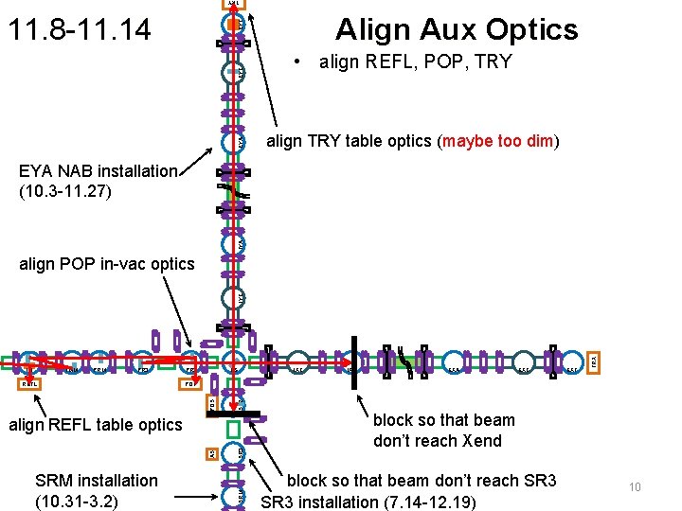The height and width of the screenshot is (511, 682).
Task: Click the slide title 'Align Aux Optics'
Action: [456, 29]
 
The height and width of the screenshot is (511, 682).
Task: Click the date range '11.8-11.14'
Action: [79, 29]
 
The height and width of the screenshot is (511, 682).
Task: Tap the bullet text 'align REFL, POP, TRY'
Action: [416, 62]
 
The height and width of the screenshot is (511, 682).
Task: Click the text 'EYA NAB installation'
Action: [99, 171]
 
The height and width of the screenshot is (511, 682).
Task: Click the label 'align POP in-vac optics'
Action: [106, 264]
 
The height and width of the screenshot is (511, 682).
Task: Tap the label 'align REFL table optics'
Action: [95, 425]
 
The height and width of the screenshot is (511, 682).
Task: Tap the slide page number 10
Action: [635, 487]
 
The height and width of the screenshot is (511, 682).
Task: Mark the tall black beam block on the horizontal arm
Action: [353, 361]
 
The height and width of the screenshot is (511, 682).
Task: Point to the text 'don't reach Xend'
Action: [438, 441]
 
